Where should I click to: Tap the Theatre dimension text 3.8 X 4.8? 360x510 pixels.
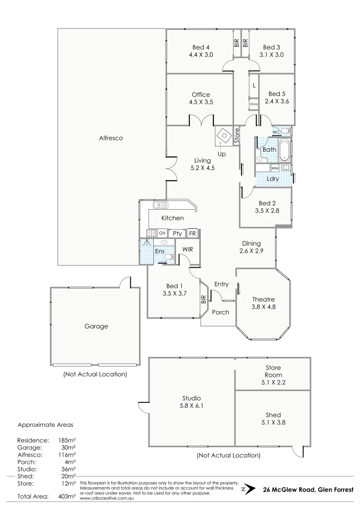point(263,307)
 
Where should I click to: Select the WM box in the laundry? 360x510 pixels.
point(275,168)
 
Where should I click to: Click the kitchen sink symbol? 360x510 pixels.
point(160,204)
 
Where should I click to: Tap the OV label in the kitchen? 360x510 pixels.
point(162,233)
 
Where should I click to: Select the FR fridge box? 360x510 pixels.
point(192,233)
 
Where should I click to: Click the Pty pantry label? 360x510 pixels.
point(177,233)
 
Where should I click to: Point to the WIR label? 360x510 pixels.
point(188,249)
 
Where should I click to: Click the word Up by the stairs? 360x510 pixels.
point(221,154)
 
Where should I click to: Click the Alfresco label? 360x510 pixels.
point(111,138)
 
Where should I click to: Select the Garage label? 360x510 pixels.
point(96,326)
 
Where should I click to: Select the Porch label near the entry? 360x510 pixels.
point(220,312)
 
